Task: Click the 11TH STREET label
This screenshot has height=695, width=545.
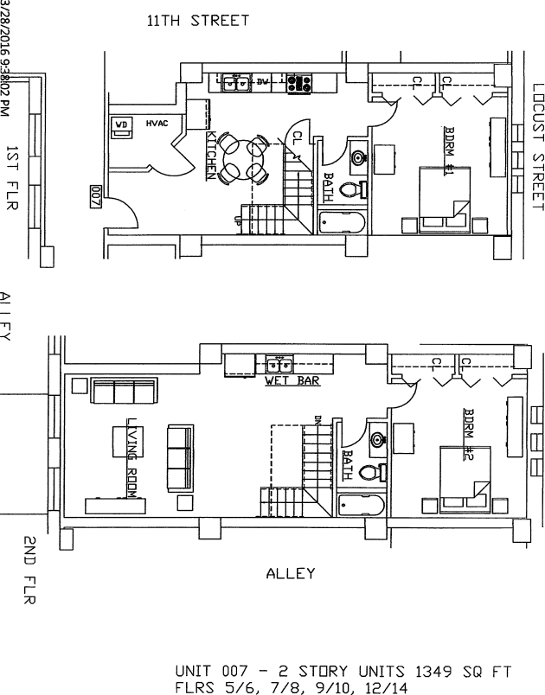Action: (x=197, y=21)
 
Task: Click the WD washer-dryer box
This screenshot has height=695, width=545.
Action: (x=122, y=124)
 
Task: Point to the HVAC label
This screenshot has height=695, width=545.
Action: (x=157, y=124)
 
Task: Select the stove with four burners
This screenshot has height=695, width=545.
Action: (x=299, y=83)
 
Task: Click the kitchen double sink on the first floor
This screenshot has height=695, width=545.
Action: (x=236, y=83)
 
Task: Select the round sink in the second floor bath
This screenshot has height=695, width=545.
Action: (x=377, y=439)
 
